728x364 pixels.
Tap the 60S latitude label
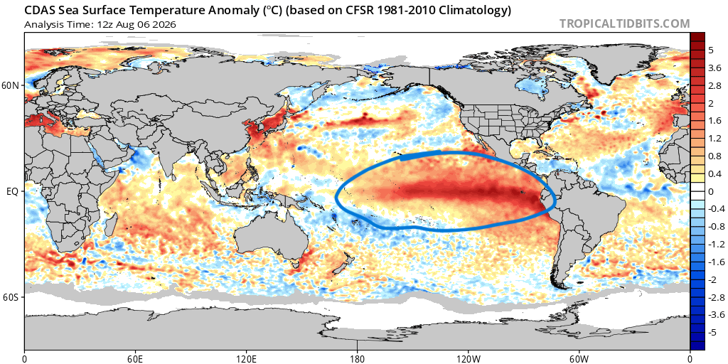coord(11,296)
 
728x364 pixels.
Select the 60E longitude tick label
coord(135,358)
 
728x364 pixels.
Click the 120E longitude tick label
coord(246,358)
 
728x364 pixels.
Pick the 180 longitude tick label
coord(357,358)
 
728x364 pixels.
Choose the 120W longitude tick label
coord(468,358)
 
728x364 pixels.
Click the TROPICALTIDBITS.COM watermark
coord(624,23)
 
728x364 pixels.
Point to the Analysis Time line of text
coord(100,24)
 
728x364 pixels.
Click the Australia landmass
coord(272,237)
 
